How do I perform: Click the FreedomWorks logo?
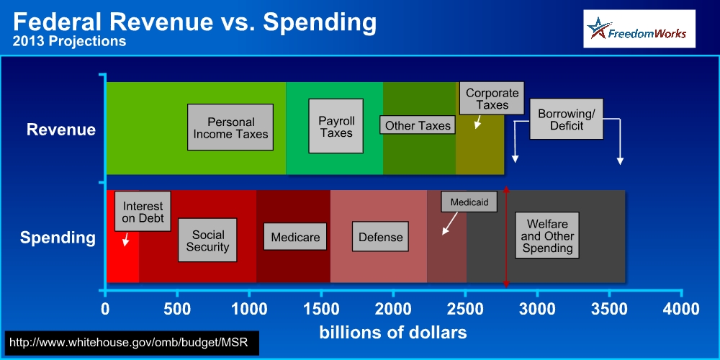point(639,29)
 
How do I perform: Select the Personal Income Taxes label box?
point(230,127)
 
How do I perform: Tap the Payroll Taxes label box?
point(336,126)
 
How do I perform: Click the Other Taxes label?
point(418,125)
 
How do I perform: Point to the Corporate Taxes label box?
point(492,98)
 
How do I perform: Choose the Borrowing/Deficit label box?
point(566,119)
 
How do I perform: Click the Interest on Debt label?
point(143,211)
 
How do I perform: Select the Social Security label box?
point(207,240)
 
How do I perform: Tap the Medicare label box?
point(295,236)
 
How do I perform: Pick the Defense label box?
point(380,236)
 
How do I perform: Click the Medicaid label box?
point(469,202)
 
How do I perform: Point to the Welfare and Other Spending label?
point(547,235)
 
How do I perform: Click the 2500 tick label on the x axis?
point(464,309)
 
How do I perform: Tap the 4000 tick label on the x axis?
point(681,309)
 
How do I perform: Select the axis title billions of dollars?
point(393,332)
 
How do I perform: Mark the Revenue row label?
point(61,130)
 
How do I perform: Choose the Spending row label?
point(58,238)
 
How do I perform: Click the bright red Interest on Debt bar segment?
point(122,236)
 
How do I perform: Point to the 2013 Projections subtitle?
point(69,41)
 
